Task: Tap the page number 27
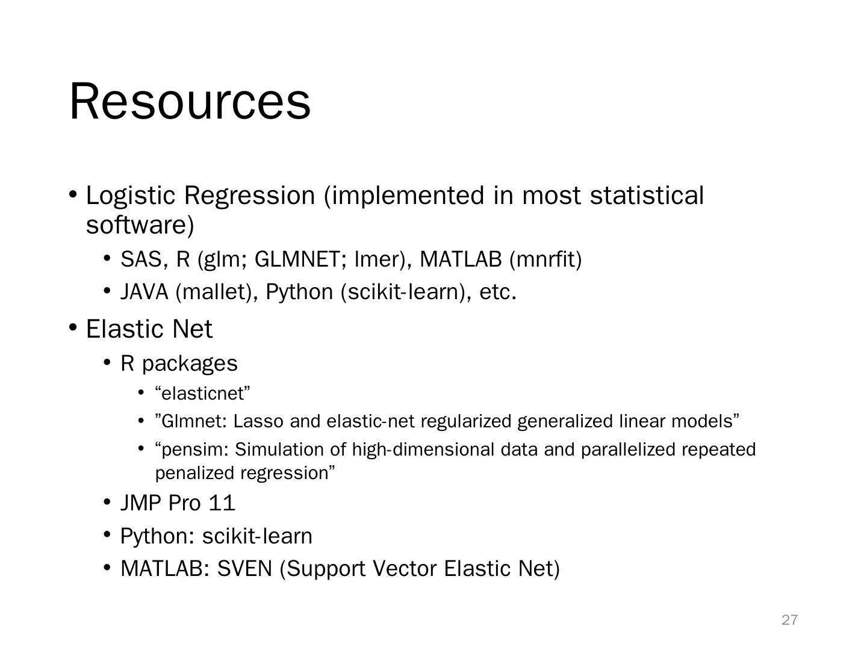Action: point(789,620)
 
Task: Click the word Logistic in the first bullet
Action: point(130,196)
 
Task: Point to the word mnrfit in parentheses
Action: point(545,259)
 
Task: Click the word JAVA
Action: point(144,292)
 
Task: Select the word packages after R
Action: point(190,364)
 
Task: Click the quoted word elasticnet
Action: point(203,394)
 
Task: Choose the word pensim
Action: point(192,450)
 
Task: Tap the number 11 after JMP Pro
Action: point(222,503)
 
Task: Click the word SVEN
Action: point(244,569)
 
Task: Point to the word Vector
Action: point(405,569)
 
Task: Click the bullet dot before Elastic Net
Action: point(73,327)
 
